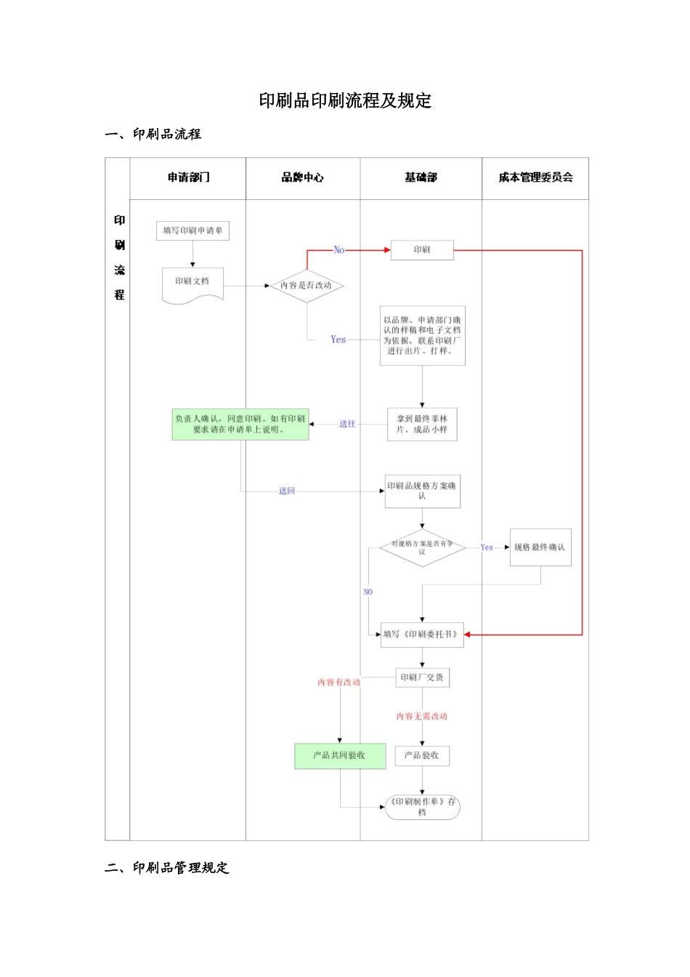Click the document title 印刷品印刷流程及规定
pos(345,100)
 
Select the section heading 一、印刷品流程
pos(153,134)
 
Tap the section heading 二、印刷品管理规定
pos(167,867)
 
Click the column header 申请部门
pos(188,177)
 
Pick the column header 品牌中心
pos(303,177)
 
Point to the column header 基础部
pos(421,177)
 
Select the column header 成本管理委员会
pos(535,177)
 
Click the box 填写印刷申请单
pos(192,230)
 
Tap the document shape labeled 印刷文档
pos(192,284)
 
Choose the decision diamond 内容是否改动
pos(306,286)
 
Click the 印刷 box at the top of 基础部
pos(422,250)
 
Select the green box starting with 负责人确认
pos(240,424)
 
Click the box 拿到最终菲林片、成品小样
pos(422,424)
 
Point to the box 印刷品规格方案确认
pos(422,491)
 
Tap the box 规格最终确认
pos(540,547)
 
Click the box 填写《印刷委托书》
pos(422,635)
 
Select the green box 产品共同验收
pos(339,755)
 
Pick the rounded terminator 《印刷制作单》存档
pos(422,807)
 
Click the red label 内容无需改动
pos(422,716)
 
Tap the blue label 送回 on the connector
pos(287,491)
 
